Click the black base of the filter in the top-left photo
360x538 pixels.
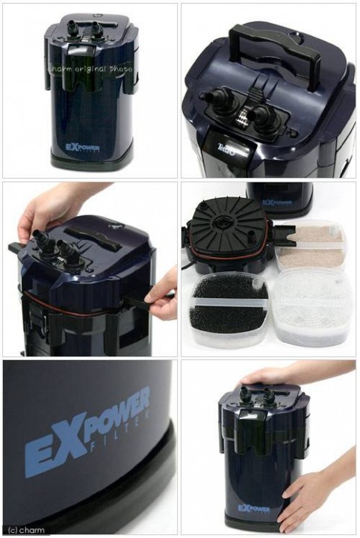(x=90, y=158)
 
